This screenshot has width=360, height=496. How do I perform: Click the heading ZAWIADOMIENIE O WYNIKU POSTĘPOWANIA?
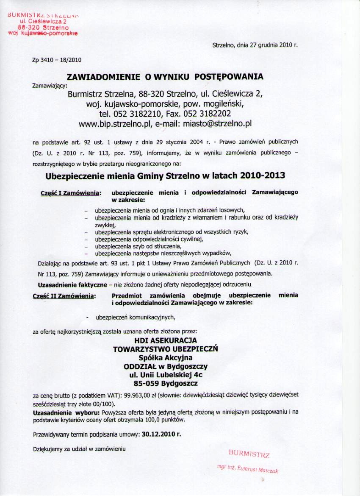(x=165, y=77)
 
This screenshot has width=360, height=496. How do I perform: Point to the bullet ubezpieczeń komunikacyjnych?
(x=135, y=317)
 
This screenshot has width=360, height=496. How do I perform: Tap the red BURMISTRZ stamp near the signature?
(x=249, y=454)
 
